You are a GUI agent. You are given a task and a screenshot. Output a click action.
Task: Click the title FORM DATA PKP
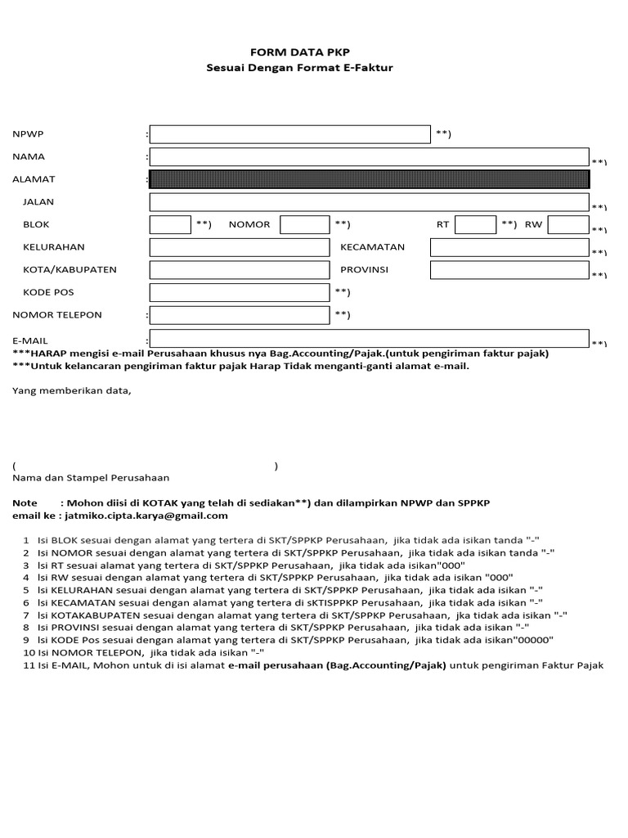[299, 52]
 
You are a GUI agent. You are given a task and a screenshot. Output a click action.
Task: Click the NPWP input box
[289, 134]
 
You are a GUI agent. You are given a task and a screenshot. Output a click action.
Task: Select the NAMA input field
[368, 156]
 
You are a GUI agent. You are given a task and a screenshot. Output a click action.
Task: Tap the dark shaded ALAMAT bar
[368, 179]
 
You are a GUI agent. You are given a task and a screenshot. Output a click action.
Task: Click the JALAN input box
[368, 202]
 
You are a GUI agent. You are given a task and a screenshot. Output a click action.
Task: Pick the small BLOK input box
[170, 224]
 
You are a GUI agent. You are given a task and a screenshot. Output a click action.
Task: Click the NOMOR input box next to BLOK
[304, 224]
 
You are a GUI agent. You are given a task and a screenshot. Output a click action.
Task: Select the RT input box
[475, 224]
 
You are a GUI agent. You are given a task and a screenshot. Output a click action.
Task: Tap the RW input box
[567, 224]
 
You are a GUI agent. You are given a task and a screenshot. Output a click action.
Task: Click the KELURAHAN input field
[239, 247]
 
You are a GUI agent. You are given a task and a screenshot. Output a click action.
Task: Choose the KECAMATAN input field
[509, 247]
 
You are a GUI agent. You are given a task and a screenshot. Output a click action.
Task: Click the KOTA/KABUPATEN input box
[239, 270]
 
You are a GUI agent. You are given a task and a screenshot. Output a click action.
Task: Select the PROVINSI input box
[509, 270]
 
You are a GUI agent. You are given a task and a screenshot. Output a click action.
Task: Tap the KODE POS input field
[239, 292]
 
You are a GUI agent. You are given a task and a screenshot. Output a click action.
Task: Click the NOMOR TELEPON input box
[239, 315]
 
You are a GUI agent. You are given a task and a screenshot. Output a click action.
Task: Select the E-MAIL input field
[368, 338]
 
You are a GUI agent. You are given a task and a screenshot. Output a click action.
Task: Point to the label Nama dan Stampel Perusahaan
[91, 477]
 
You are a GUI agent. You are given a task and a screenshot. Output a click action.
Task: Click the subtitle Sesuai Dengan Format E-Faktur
[299, 67]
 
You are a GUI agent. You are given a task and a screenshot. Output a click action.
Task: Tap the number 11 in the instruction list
[29, 665]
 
